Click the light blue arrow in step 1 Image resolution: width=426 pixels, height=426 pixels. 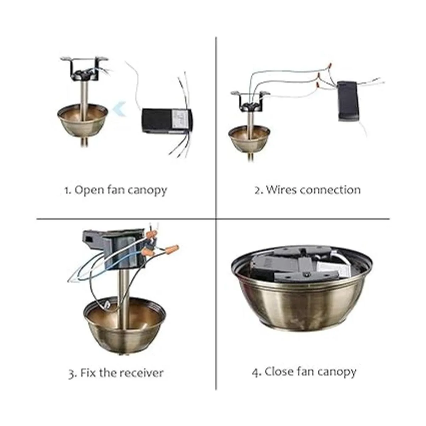[120, 109]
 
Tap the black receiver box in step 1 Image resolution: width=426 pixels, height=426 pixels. [167, 121]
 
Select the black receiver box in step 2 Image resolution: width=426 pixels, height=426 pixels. [348, 102]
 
